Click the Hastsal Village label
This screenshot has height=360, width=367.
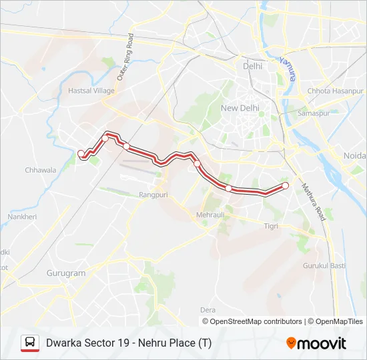coord(91,90)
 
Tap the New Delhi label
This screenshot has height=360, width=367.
coord(239,108)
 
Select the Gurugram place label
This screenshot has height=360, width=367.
coord(66,273)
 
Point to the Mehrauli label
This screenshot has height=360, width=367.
coord(210,215)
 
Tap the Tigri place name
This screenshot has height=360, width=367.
coord(271,226)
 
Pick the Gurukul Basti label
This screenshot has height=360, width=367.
coord(324,265)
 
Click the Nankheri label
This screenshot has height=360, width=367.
coord(22,217)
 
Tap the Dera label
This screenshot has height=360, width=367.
coord(208,310)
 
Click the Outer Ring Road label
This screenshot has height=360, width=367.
coord(125,58)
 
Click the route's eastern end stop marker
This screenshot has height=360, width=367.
coord(286,185)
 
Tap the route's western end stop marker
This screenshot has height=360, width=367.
coord(81,154)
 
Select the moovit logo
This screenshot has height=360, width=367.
coord(316,343)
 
